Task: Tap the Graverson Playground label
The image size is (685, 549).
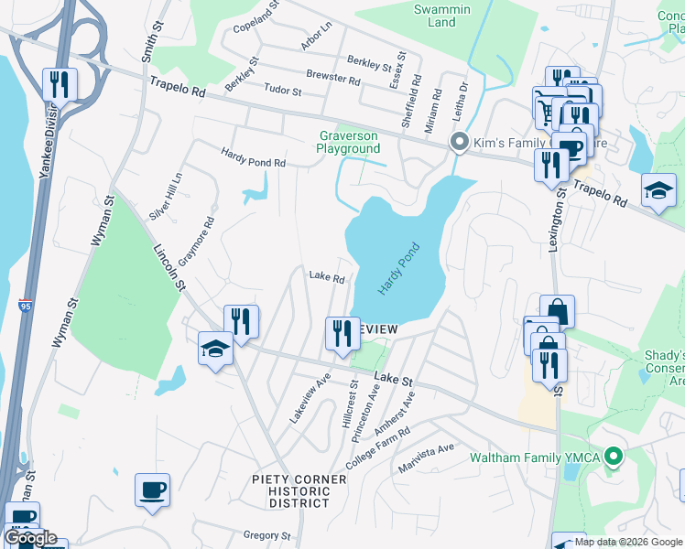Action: pos(348,142)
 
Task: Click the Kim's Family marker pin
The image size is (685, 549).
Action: pos(459,144)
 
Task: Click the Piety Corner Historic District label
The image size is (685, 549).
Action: pos(299,491)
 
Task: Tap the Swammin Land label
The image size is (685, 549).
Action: pos(441,16)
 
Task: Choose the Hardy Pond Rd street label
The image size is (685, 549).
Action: pos(254,156)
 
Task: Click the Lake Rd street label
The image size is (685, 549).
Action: pos(326,275)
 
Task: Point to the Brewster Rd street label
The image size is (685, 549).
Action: pos(333,80)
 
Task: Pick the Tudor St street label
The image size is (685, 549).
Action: pos(282,91)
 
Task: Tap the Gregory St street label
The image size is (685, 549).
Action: pos(266,535)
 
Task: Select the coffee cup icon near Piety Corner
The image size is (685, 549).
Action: pos(152,490)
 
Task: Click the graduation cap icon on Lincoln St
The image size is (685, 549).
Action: pos(215,350)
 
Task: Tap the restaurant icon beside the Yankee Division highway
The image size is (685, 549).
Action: pos(60,85)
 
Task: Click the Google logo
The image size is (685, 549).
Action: pos(30,538)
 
